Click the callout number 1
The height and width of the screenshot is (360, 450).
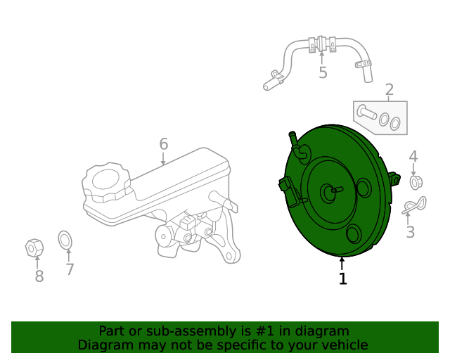pos(342,278)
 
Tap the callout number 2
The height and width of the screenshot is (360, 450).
pos(389,90)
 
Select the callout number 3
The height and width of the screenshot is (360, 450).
pos(411,232)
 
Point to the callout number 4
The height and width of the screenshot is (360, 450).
pos(413,157)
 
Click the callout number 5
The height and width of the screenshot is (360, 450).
pos(323,72)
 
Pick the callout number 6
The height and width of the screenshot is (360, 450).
pos(164,144)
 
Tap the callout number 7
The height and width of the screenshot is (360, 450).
pos(70,269)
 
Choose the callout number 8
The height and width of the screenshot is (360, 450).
pos(39,276)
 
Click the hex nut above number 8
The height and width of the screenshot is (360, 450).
pos(34,247)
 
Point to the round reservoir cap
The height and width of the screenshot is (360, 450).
pos(106,182)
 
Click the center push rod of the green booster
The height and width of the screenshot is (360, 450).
pos(337,190)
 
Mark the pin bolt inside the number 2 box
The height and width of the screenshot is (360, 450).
pos(366,112)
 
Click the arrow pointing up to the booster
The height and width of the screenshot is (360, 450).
pos(342,264)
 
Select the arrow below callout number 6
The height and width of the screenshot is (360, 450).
pos(163,159)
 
